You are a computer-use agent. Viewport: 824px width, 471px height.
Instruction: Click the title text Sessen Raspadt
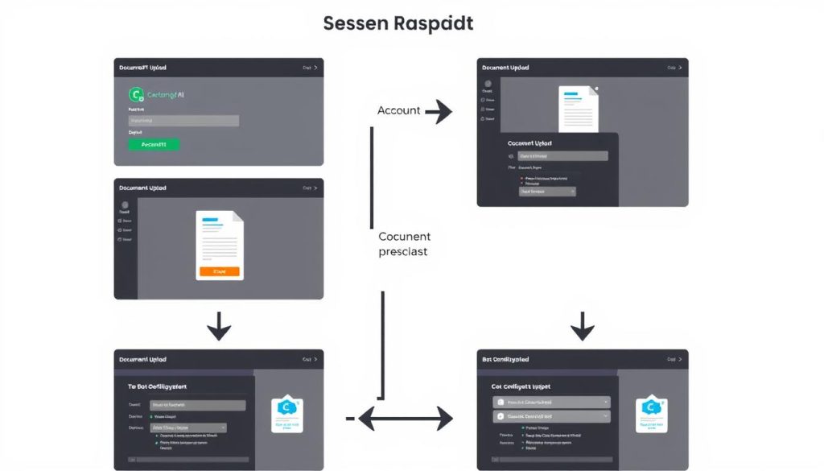pyautogui.click(x=398, y=23)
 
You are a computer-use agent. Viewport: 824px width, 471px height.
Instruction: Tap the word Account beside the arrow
pyautogui.click(x=399, y=110)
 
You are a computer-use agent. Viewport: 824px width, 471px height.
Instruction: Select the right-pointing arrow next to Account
pyautogui.click(x=438, y=111)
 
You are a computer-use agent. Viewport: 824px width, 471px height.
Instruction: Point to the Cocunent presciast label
pyautogui.click(x=404, y=244)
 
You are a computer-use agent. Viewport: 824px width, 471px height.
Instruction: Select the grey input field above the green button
pyautogui.click(x=183, y=121)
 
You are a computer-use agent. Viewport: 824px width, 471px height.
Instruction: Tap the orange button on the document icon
pyautogui.click(x=219, y=272)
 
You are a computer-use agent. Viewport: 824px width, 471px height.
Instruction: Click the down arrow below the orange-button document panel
pyautogui.click(x=219, y=327)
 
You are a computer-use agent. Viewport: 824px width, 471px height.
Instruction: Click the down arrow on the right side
pyautogui.click(x=582, y=327)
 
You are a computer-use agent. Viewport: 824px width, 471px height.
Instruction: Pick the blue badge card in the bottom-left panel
pyautogui.click(x=287, y=412)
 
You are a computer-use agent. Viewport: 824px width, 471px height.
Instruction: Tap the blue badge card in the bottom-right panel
pyautogui.click(x=652, y=412)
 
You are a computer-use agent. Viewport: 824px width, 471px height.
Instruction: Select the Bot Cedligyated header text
pyautogui.click(x=505, y=359)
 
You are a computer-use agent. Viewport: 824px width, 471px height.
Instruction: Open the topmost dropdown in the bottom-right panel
pyautogui.click(x=551, y=402)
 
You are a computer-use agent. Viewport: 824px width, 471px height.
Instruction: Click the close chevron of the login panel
pyautogui.click(x=315, y=68)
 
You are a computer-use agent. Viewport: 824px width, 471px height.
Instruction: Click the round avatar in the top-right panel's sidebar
pyautogui.click(x=487, y=83)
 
